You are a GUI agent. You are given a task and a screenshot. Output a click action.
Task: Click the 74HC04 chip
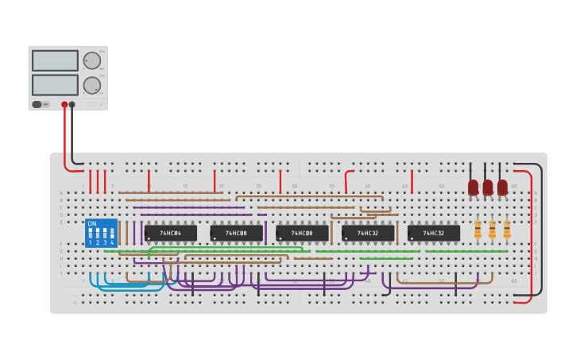pos(170,233)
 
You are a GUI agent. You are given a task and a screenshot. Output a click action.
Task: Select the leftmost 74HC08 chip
pos(236,233)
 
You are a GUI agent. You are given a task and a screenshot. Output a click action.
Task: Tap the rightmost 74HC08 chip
pos(302,233)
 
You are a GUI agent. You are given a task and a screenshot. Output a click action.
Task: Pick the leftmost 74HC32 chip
pos(368,233)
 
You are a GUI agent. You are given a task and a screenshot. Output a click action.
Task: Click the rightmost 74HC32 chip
pos(434,233)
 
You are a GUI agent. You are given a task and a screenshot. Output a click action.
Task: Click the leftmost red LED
pos(474,187)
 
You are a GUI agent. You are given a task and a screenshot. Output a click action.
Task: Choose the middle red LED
pos(488,187)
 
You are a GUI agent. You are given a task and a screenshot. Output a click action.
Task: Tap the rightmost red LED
pos(502,187)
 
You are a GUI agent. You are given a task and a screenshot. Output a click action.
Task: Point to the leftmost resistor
pos(477,230)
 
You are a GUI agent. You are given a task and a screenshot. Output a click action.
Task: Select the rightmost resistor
pos(507,230)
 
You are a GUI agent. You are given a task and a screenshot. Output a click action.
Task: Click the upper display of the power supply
pos(55,60)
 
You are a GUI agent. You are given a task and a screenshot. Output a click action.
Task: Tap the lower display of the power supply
pos(55,84)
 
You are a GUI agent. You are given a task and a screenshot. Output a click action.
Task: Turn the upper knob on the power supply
pos(92,60)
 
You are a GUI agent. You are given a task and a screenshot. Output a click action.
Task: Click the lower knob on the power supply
pos(92,85)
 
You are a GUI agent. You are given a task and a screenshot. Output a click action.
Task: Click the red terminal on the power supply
pos(64,104)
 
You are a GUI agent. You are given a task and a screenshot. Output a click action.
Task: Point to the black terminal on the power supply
pos(72,104)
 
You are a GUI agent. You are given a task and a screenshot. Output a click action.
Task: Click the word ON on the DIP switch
pos(92,224)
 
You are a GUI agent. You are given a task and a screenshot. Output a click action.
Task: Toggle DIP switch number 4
pos(112,234)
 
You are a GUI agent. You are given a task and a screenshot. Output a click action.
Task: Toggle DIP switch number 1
pos(91,234)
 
